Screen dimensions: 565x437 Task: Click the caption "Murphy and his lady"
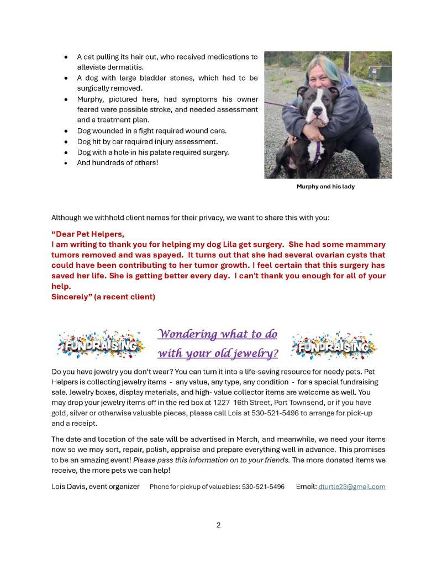click(x=325, y=187)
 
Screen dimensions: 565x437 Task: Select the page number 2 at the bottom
click(x=218, y=525)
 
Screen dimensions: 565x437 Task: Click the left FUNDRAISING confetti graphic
click(x=99, y=345)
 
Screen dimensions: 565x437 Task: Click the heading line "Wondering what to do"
click(x=217, y=334)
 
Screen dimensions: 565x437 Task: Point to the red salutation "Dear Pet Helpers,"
click(x=88, y=234)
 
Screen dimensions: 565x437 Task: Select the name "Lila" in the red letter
click(x=240, y=244)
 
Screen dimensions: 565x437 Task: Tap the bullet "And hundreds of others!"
click(x=118, y=162)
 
